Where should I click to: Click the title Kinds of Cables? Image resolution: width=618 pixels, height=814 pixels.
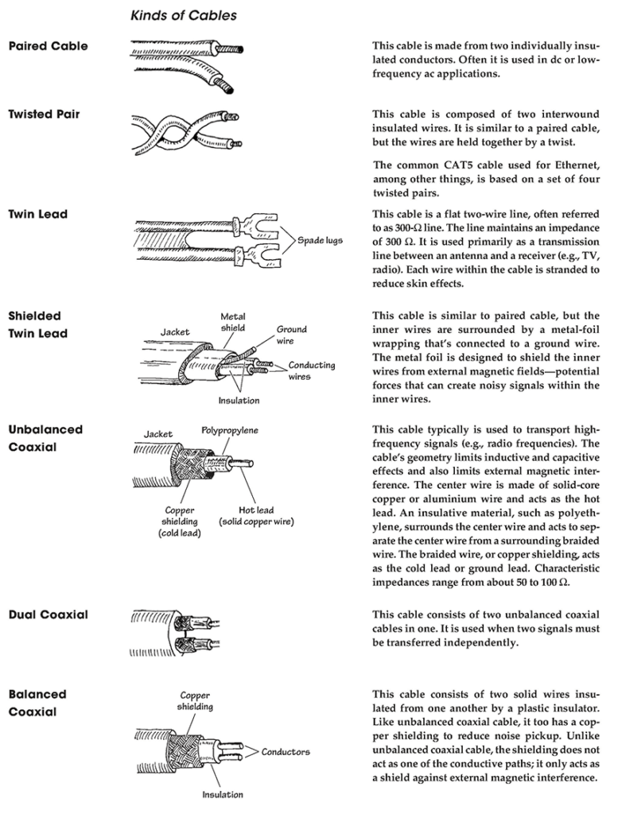click(x=183, y=15)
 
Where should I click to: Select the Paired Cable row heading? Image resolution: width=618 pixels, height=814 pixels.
click(x=48, y=46)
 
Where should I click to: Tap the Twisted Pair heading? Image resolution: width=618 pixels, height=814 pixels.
click(x=44, y=114)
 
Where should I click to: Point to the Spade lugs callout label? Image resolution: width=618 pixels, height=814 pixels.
click(x=320, y=240)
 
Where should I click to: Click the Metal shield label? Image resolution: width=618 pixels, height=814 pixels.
click(x=232, y=323)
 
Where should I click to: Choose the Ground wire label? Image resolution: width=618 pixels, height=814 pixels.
click(x=291, y=335)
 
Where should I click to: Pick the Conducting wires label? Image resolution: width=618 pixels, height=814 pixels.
click(x=311, y=371)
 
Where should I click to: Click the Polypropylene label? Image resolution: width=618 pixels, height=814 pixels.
click(x=229, y=431)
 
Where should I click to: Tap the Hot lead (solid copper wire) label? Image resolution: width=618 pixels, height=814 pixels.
click(x=256, y=516)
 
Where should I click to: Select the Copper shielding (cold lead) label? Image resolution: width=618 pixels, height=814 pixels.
click(x=179, y=521)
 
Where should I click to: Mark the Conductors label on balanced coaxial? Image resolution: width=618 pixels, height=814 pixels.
click(x=286, y=751)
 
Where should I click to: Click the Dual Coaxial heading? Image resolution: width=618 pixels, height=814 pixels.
click(x=48, y=615)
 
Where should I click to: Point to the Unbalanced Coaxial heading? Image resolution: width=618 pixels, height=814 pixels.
click(x=45, y=438)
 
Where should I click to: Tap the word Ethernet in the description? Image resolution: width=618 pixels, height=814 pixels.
click(x=573, y=165)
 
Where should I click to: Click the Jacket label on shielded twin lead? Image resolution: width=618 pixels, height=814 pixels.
click(x=174, y=331)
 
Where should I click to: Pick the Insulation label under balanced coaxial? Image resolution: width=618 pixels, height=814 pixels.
click(x=222, y=794)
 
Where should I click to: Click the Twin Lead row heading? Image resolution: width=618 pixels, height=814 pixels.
click(x=38, y=215)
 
